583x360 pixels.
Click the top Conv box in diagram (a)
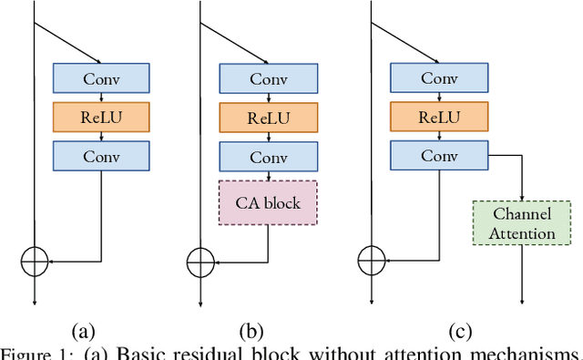click(x=101, y=78)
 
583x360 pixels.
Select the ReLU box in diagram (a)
click(x=101, y=117)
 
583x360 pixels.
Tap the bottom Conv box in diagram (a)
click(x=101, y=155)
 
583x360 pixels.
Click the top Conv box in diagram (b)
click(x=268, y=78)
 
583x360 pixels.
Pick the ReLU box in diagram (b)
click(x=268, y=117)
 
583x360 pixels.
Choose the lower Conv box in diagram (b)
click(x=268, y=155)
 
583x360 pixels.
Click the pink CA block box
click(x=268, y=202)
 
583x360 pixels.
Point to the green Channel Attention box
click(x=524, y=224)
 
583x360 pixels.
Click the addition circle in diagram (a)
click(x=35, y=261)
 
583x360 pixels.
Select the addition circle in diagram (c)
click(x=371, y=261)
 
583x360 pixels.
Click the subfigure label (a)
click(x=82, y=331)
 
